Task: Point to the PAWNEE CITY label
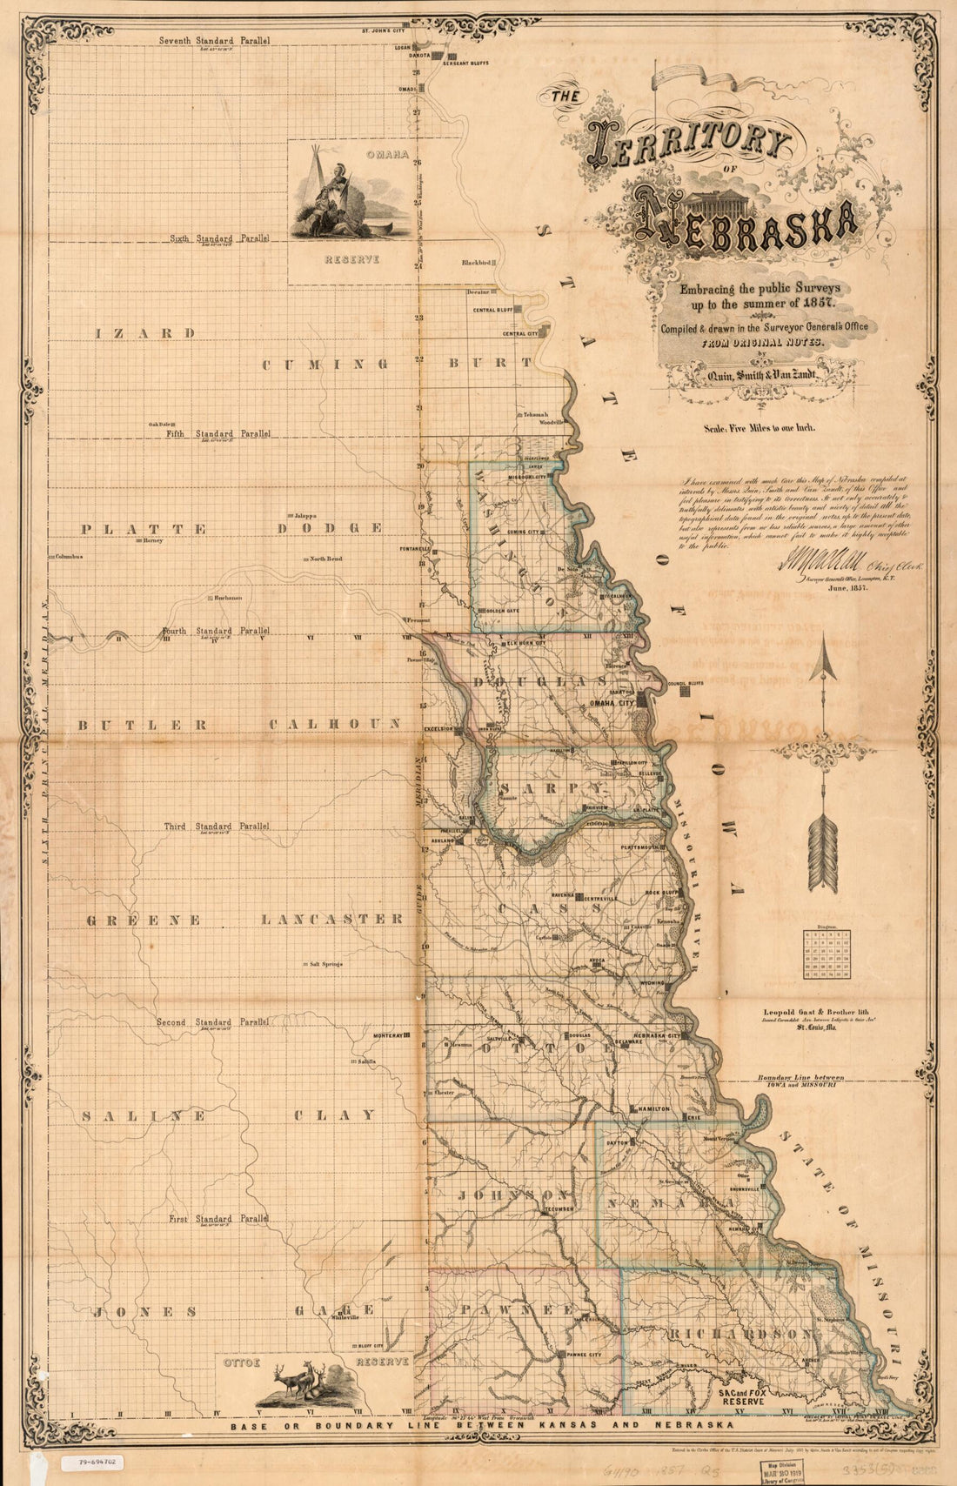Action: click(583, 1355)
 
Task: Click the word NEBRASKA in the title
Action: click(744, 222)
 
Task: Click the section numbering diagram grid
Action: click(826, 954)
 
